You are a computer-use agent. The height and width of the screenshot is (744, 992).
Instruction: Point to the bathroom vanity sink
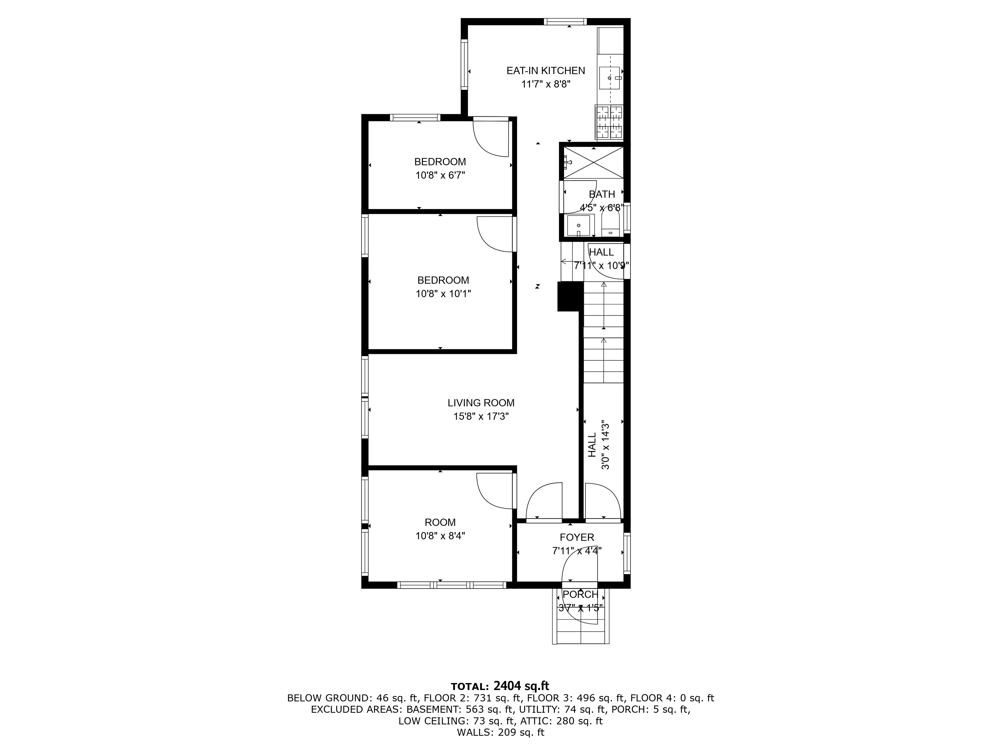coord(579,225)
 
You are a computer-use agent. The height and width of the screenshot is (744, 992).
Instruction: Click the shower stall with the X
coord(593,162)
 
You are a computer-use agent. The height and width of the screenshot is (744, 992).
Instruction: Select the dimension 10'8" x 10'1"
coord(443,294)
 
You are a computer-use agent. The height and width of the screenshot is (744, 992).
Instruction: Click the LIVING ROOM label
coord(481,403)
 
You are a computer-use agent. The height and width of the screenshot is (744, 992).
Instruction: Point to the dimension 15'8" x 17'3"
coord(481,416)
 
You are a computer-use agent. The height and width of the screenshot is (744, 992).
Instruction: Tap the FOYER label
coord(577,537)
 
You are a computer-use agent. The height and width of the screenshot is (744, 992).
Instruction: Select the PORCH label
coord(580,594)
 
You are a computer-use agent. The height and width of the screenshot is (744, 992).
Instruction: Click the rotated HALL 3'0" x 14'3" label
coord(599,445)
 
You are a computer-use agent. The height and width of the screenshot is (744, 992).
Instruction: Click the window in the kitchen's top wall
coord(565,21)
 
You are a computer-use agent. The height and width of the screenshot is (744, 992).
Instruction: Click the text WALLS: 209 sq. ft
coord(500,732)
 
